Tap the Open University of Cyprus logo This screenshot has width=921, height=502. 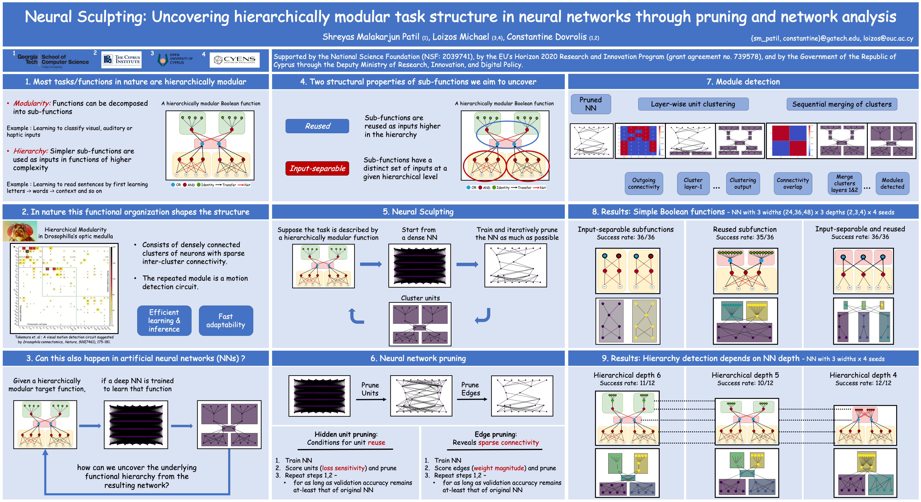click(x=175, y=59)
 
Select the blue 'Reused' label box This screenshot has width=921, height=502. click(x=317, y=126)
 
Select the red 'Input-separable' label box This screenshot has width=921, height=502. click(x=317, y=168)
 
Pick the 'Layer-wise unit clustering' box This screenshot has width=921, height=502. click(x=693, y=104)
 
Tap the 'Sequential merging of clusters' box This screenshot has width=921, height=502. click(x=842, y=104)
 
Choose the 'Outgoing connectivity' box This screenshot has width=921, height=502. click(x=644, y=184)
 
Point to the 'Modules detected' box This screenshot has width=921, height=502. click(x=892, y=184)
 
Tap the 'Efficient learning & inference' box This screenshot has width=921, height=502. click(x=164, y=320)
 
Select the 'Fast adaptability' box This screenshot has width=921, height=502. click(x=226, y=320)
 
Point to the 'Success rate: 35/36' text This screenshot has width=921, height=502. click(x=744, y=237)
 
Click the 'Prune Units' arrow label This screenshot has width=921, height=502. click(x=370, y=389)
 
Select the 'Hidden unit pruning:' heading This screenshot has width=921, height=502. click(x=346, y=434)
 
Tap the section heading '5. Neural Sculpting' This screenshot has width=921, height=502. click(x=418, y=212)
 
